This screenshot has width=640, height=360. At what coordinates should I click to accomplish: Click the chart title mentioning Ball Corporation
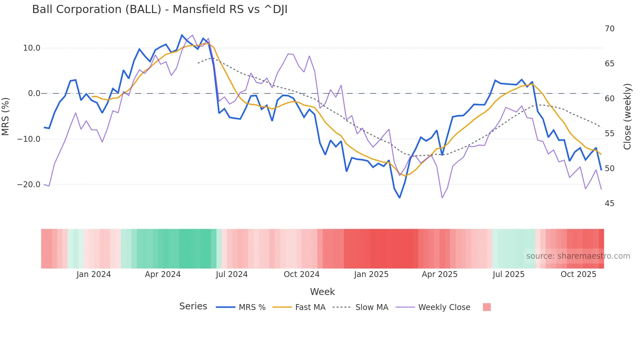pos(160,9)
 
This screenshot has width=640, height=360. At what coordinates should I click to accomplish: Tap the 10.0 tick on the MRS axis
pos(32,48)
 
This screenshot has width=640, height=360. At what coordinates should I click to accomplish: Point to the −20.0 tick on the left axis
pos(29,185)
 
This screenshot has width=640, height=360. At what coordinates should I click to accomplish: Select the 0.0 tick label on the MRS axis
pos(34,93)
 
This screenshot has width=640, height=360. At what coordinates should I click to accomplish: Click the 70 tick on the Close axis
pos(609,29)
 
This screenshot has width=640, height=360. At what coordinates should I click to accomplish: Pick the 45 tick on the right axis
pos(609,204)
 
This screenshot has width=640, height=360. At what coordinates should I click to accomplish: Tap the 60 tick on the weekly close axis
pos(609,99)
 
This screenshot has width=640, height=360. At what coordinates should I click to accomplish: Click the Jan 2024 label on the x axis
pos(94,274)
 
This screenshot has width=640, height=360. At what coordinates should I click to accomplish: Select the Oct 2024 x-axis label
pos(301,274)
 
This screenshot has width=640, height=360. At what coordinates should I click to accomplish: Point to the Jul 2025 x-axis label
pos(508,274)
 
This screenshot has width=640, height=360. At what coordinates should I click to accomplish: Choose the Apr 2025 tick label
pos(440,274)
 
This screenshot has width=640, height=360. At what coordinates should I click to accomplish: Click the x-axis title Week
pos(322,292)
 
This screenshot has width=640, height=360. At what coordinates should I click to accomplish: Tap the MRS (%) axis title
pos(6,116)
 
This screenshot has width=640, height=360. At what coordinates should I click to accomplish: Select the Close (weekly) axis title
pos(627,116)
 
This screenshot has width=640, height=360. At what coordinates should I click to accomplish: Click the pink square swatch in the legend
pos(487,307)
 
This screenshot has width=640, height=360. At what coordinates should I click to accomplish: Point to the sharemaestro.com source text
pos(578,256)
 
